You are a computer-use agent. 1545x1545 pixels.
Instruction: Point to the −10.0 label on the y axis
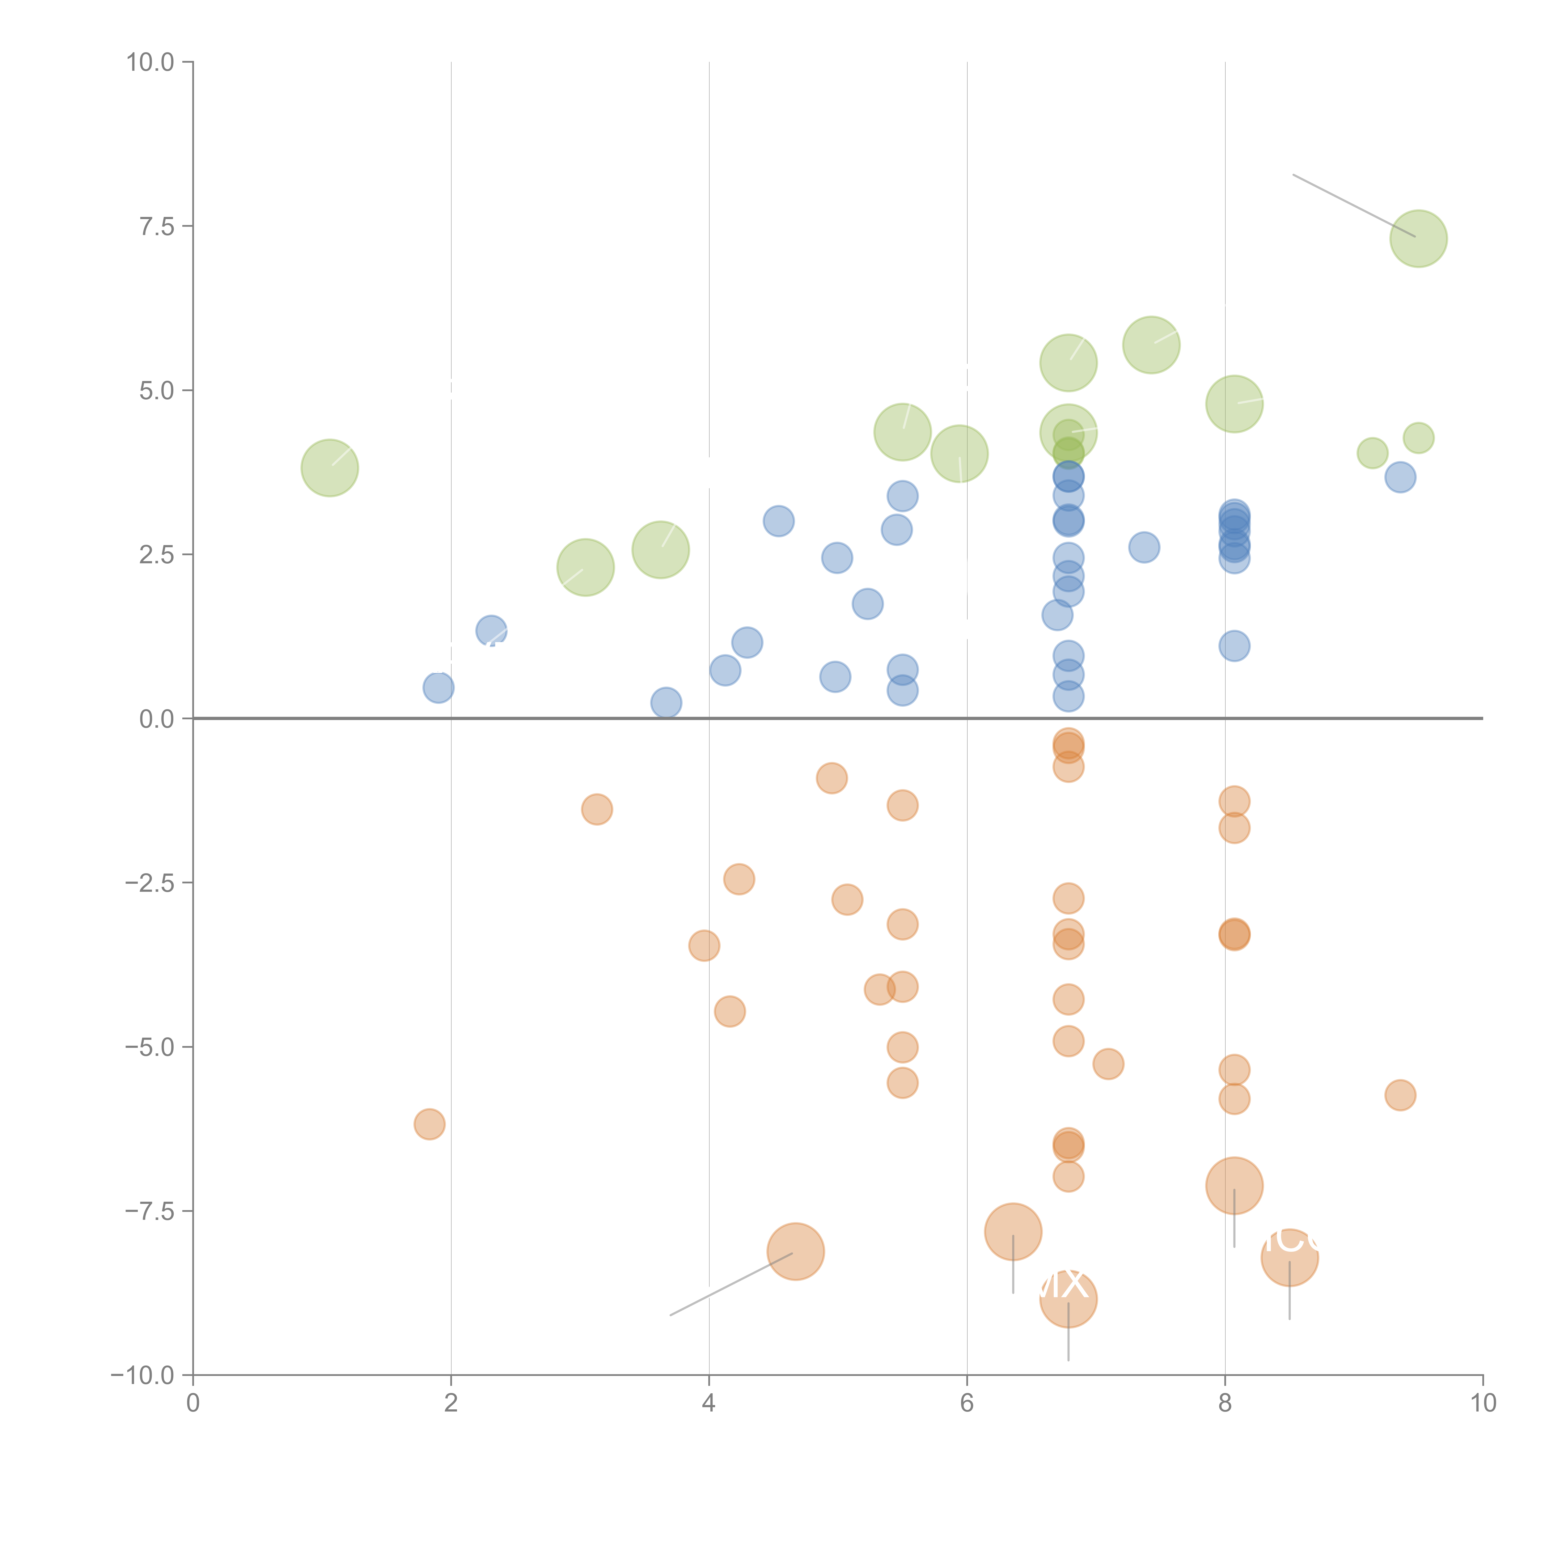coord(142,1375)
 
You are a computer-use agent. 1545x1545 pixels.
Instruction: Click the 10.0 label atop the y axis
coord(150,62)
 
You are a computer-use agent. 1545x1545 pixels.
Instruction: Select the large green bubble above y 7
coord(1418,238)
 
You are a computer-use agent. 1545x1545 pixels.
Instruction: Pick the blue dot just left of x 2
coord(438,687)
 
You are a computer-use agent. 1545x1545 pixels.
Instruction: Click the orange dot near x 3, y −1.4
coord(597,809)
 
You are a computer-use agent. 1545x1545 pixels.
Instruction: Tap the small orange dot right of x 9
coord(1400,1095)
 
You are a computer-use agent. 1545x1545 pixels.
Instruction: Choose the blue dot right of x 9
coord(1400,477)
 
